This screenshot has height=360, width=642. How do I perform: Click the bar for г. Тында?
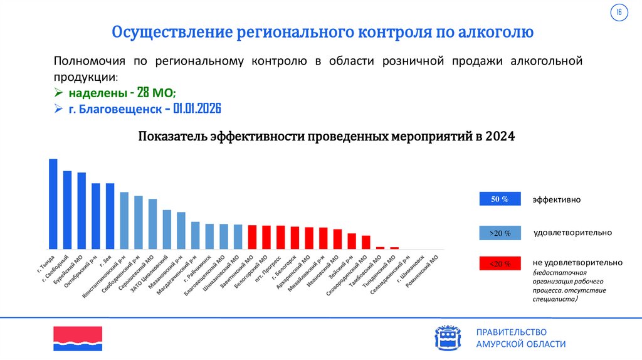coord(53,203)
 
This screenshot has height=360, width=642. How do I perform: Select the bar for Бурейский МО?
coord(82,210)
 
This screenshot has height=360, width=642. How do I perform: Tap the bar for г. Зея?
coord(110,216)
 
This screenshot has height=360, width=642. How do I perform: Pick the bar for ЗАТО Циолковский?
coord(167,229)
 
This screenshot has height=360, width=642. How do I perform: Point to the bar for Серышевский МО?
coord(152,223)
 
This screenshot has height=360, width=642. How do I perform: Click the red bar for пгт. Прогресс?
coord(280,237)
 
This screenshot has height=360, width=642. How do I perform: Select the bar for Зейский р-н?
coord(352,241)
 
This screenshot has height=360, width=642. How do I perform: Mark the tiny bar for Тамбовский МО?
coord(380,248)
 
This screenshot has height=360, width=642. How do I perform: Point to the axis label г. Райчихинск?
coord(197,268)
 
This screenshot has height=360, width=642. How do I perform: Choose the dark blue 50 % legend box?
coord(499,199)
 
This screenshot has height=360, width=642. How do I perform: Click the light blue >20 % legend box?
coord(499,233)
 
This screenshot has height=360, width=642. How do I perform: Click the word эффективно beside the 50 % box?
coord(557,200)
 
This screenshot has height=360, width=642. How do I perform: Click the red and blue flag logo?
coord(77,339)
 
